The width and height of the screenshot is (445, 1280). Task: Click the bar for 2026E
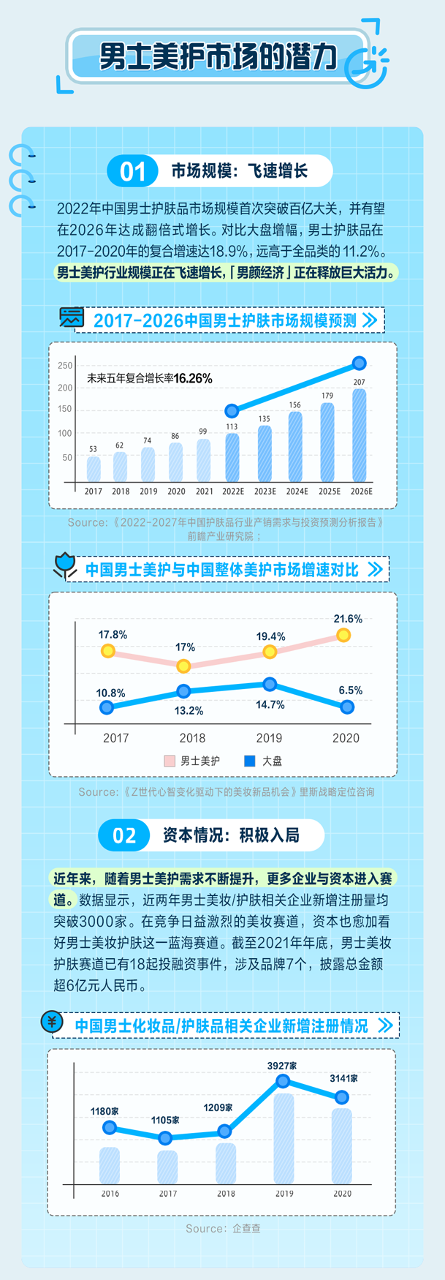(359, 435)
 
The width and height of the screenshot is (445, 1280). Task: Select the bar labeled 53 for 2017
(94, 469)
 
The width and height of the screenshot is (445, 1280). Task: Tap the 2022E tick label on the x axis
(232, 492)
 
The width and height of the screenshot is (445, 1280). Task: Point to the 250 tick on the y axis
(65, 366)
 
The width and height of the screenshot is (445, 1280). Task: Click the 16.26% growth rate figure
(193, 378)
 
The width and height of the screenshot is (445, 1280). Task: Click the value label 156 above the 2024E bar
(295, 404)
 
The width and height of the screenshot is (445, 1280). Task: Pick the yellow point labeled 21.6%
(343, 635)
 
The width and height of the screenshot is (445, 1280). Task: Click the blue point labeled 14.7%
(270, 685)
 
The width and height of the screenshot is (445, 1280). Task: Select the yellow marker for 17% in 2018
(184, 666)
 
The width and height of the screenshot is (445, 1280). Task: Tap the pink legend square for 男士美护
(170, 761)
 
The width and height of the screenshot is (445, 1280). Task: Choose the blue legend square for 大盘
(250, 761)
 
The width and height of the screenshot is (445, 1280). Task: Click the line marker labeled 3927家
(284, 1081)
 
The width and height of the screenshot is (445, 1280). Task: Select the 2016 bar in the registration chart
(110, 1165)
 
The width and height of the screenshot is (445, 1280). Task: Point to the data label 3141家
(343, 1078)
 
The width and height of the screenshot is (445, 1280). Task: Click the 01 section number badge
(132, 172)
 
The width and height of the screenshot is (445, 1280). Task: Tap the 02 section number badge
(124, 835)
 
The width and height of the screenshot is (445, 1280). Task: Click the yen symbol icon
(52, 1021)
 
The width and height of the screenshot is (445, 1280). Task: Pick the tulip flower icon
(65, 565)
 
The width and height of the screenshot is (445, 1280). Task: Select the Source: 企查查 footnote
(223, 1228)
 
